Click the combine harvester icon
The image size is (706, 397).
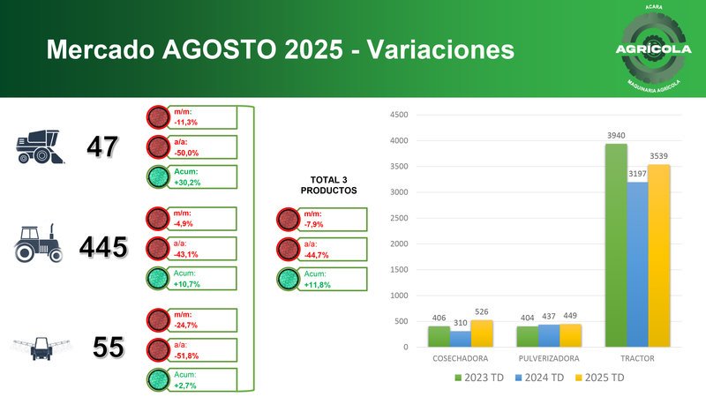[40, 147]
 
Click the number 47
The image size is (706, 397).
[102, 147]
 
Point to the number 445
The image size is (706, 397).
[103, 248]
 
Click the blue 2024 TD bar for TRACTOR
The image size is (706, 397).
[636, 264]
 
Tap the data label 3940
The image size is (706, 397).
[615, 135]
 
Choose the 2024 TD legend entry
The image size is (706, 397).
[542, 378]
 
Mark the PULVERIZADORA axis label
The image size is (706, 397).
[549, 359]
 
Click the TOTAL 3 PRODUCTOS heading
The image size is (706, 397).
[327, 185]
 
